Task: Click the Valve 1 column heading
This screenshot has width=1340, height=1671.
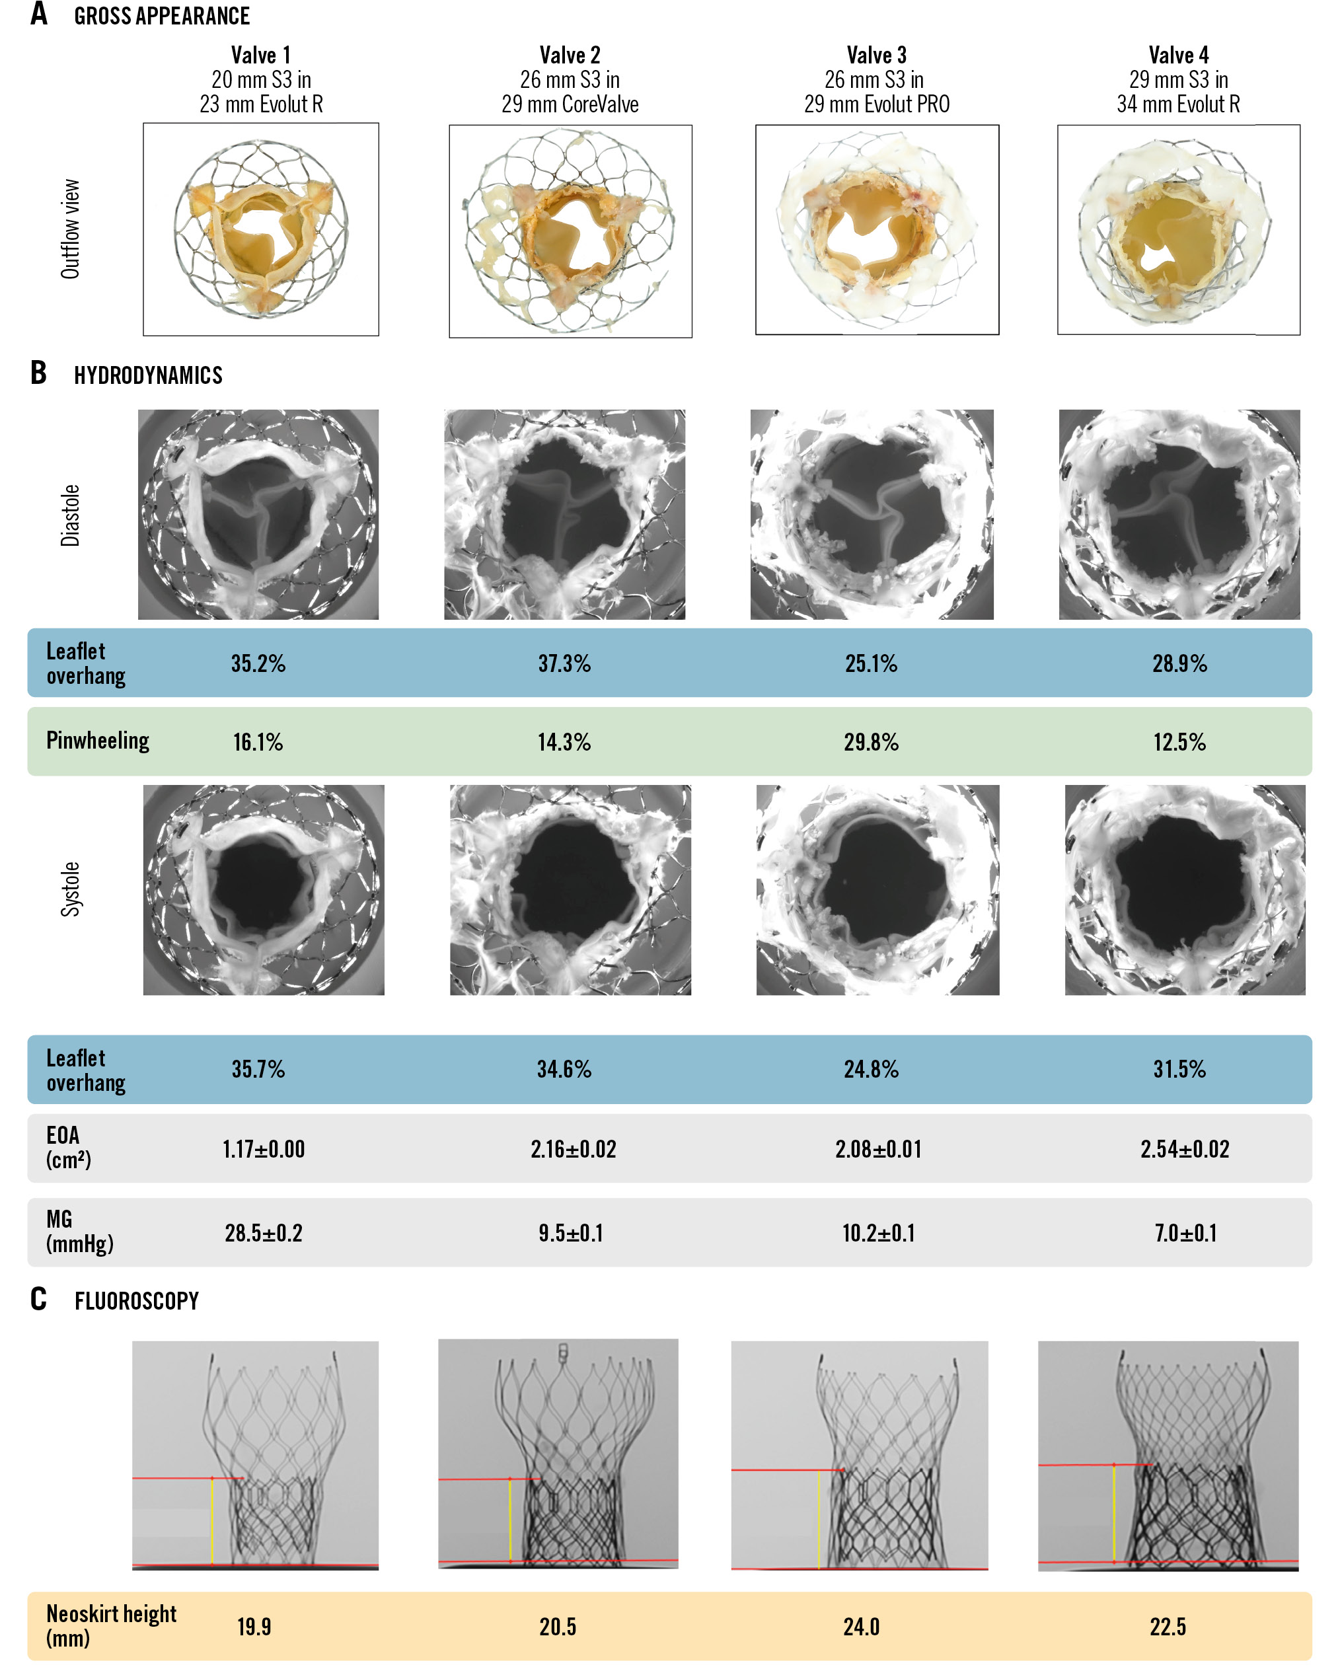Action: pos(260,55)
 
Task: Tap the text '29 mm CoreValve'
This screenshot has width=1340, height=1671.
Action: pos(570,104)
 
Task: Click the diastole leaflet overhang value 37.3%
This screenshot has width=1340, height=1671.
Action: pos(564,663)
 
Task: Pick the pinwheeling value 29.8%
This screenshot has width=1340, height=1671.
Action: pos(871,743)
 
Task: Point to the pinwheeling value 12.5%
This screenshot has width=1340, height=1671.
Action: pos(1179,743)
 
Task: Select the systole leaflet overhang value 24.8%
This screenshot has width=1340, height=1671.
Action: pos(871,1070)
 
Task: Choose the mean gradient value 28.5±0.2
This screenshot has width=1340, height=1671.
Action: pos(264,1232)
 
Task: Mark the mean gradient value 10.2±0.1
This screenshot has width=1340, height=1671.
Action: pos(878,1232)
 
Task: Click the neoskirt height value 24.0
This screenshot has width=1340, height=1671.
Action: pos(861,1626)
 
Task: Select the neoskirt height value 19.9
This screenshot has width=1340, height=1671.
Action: pos(254,1626)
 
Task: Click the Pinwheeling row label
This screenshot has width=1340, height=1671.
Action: pos(98,740)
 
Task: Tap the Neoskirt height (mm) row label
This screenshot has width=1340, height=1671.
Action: pos(111,1625)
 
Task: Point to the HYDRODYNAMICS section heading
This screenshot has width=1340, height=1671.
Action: pos(148,375)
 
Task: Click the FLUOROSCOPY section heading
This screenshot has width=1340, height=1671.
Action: pos(136,1300)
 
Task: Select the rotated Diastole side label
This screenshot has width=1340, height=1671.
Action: pos(71,515)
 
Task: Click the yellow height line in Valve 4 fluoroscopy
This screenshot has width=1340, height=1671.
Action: pos(1114,1513)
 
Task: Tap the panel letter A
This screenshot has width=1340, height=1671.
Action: pos(39,14)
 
